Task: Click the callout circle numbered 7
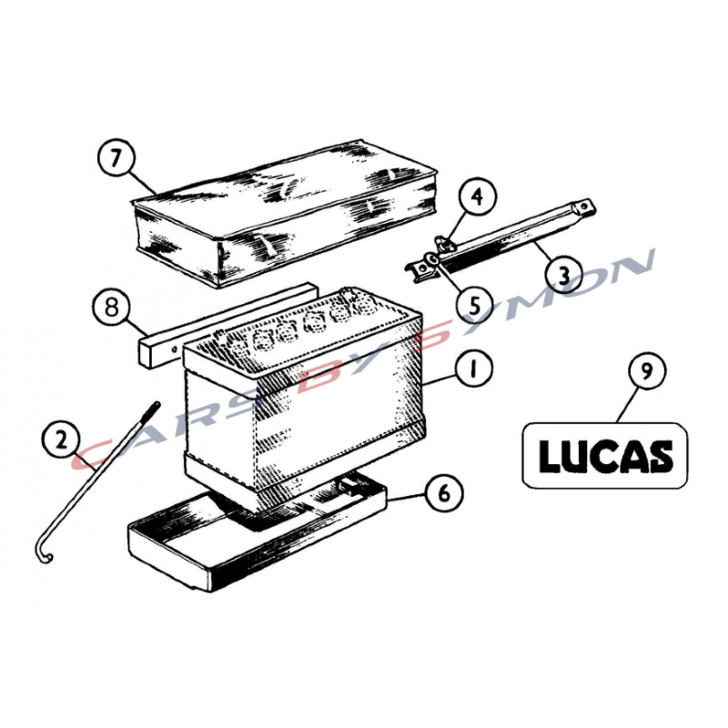click(116, 157)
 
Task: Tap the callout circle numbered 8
click(111, 308)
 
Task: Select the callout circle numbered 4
click(477, 197)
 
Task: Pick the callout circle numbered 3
click(563, 276)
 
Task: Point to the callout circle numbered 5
click(474, 306)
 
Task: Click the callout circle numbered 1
click(473, 369)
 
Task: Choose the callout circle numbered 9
click(647, 370)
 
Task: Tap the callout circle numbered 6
click(444, 492)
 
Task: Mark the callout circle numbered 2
click(60, 440)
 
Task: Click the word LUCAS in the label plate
click(605, 456)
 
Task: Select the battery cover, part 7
click(284, 213)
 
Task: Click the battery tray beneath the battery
click(257, 530)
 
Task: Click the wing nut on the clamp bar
click(441, 242)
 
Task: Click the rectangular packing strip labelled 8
click(227, 325)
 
